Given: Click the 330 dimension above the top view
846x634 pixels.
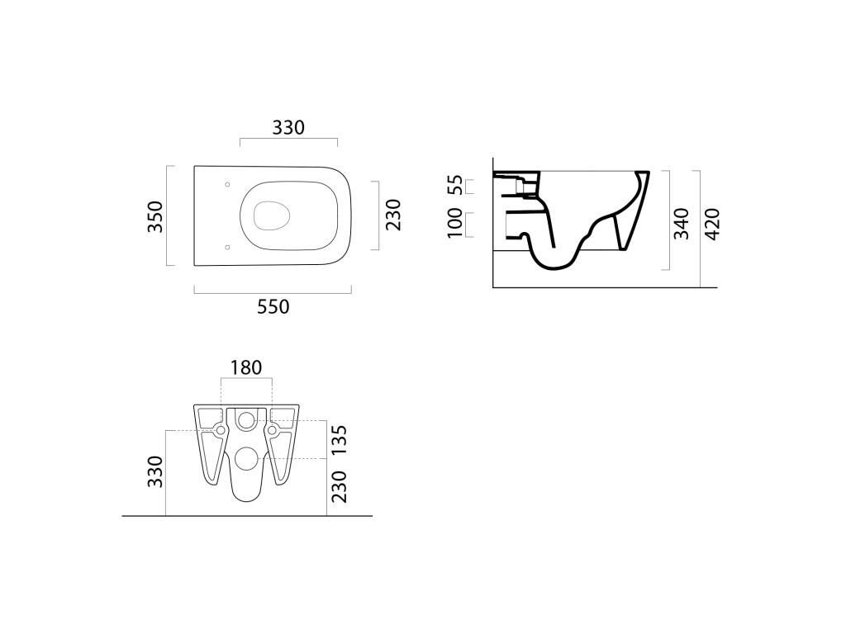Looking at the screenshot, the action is (x=288, y=128).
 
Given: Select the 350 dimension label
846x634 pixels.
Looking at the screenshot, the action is (x=155, y=216).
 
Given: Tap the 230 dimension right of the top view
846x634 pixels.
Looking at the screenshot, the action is (x=393, y=215).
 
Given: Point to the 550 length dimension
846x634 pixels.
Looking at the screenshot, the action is (x=273, y=307).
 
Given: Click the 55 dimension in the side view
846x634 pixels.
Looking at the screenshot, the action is (x=456, y=185).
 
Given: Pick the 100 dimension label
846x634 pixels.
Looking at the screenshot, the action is (x=455, y=223).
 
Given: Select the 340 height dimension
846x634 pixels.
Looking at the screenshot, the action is (x=682, y=223).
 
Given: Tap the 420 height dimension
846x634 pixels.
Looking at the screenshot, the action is (x=713, y=224).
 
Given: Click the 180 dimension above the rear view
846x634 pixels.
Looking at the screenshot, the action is (x=246, y=367).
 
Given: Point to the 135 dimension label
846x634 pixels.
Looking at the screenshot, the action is (x=339, y=441).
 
